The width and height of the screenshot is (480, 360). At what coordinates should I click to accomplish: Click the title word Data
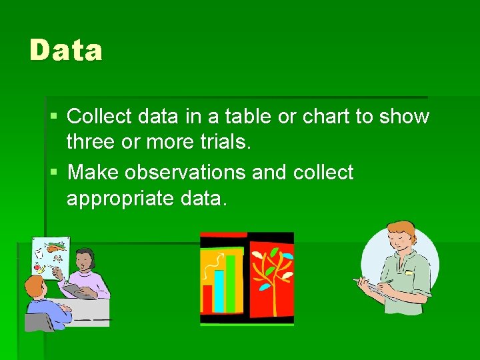[66, 51]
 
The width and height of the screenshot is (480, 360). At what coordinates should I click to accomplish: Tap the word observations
[184, 172]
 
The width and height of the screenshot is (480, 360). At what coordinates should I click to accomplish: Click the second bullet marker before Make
[54, 173]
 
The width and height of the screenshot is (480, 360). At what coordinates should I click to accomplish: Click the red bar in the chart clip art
[207, 298]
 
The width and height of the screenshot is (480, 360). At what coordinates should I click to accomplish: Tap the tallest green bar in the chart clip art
[231, 283]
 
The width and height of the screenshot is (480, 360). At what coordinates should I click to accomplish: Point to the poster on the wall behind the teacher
[52, 257]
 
